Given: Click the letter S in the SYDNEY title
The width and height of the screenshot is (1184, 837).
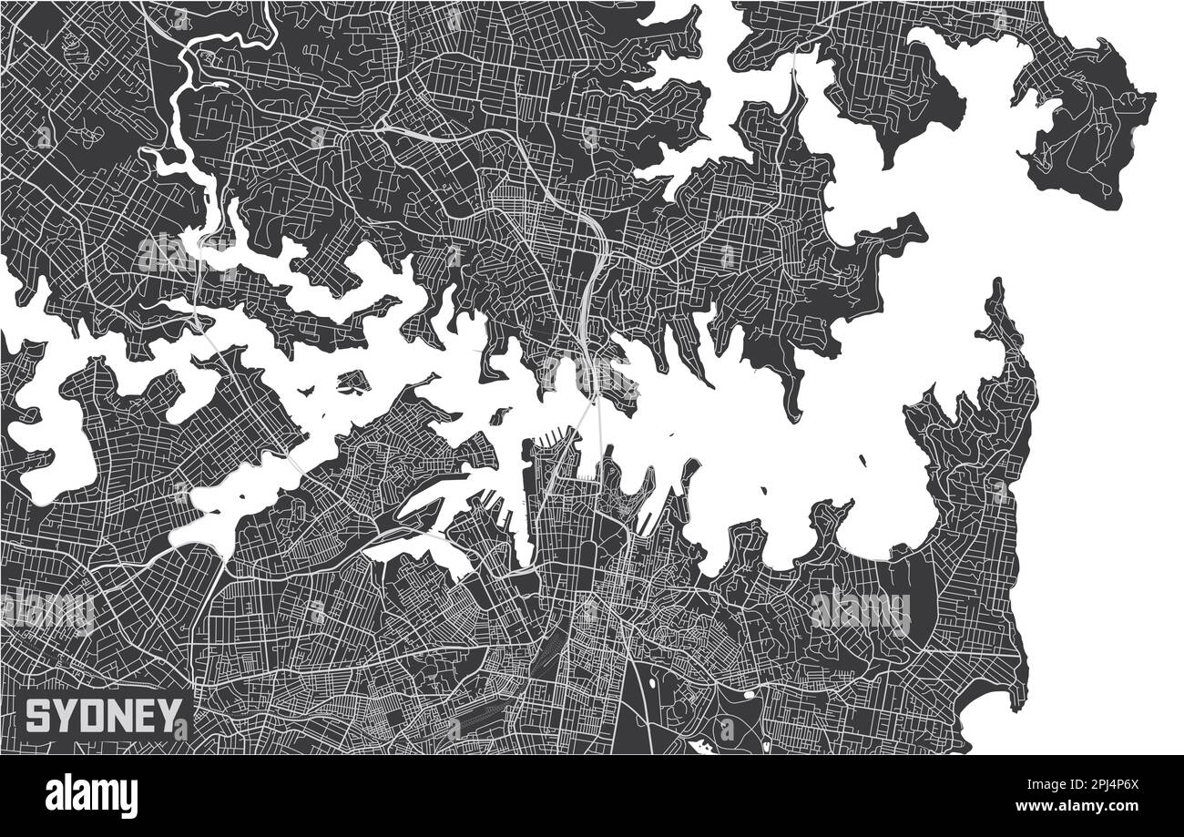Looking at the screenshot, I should (37, 717).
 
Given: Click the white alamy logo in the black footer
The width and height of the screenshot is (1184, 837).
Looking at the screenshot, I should (91, 796).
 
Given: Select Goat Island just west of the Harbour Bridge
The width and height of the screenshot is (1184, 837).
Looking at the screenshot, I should (498, 417).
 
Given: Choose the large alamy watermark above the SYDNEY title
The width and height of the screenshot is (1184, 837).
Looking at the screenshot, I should (47, 610).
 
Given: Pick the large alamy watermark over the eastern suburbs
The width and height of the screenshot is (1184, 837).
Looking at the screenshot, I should (860, 611).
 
